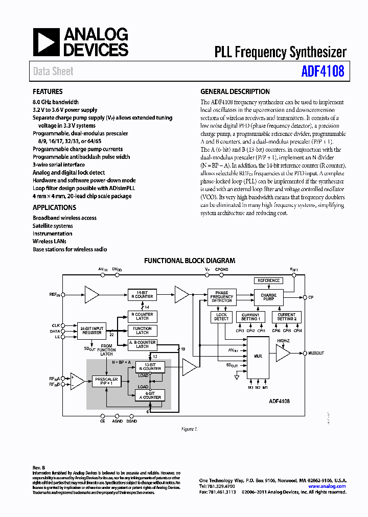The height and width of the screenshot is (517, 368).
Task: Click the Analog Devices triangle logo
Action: click(x=46, y=42)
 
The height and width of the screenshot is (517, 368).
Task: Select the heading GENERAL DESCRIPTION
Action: click(x=235, y=92)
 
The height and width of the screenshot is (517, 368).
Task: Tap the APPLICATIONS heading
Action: click(x=54, y=207)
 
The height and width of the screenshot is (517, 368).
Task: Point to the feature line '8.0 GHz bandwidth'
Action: click(x=56, y=102)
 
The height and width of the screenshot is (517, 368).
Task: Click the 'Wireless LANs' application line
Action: click(x=50, y=241)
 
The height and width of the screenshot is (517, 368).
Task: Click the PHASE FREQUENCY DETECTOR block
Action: click(x=222, y=297)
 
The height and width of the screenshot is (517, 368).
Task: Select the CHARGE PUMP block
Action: click(x=268, y=297)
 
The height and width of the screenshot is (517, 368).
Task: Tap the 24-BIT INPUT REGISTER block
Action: click(x=92, y=330)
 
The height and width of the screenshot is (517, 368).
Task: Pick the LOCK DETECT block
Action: click(x=221, y=317)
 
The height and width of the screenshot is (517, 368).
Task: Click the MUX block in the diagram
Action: click(x=258, y=356)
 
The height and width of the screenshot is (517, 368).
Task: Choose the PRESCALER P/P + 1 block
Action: click(x=106, y=381)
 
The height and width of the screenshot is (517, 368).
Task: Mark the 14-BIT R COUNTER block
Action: click(x=142, y=294)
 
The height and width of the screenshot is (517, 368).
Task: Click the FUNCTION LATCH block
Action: click(x=142, y=331)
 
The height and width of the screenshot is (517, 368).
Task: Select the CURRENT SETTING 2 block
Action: click(x=286, y=317)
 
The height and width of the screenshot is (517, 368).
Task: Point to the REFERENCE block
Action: click(x=268, y=280)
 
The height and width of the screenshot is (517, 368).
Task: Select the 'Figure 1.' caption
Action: click(x=189, y=429)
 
